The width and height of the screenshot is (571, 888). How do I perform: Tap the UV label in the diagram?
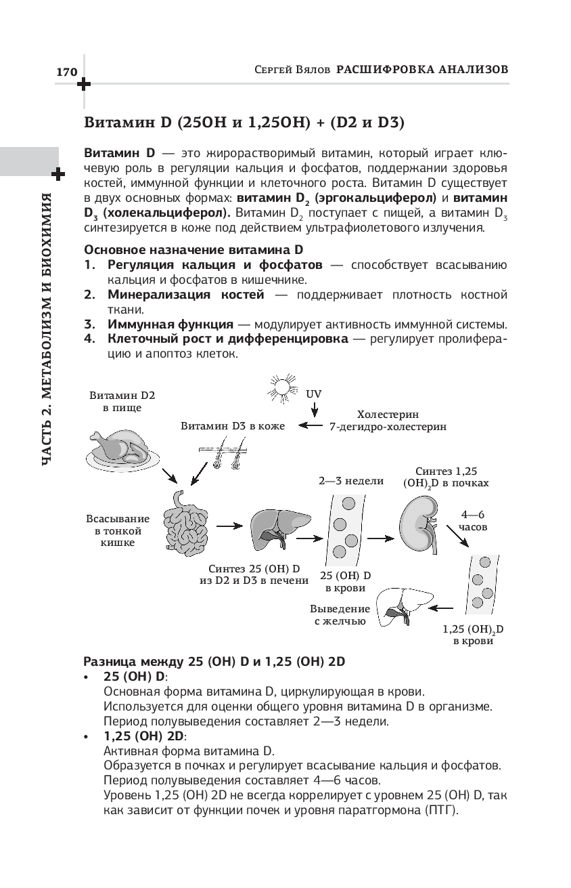314,393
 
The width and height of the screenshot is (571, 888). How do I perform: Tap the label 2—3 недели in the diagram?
351,481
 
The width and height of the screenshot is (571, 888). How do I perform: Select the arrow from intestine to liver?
230,525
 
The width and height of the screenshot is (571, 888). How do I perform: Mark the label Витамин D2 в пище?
122,401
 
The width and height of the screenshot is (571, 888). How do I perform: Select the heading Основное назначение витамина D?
193,249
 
